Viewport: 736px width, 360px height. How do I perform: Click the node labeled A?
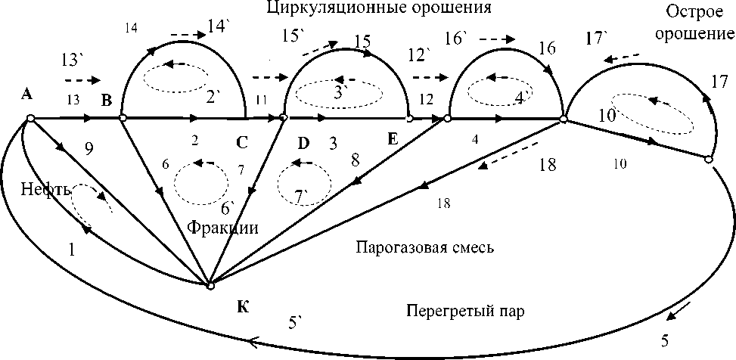coord(30,118)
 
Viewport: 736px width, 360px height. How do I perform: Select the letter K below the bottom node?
coord(241,306)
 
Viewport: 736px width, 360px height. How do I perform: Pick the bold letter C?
coord(241,141)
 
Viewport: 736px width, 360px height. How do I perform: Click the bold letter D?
coord(303,141)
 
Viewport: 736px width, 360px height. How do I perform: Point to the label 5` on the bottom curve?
coord(295,322)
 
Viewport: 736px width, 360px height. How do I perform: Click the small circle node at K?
coord(211,285)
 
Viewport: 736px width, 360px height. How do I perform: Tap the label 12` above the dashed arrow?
coord(417,54)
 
